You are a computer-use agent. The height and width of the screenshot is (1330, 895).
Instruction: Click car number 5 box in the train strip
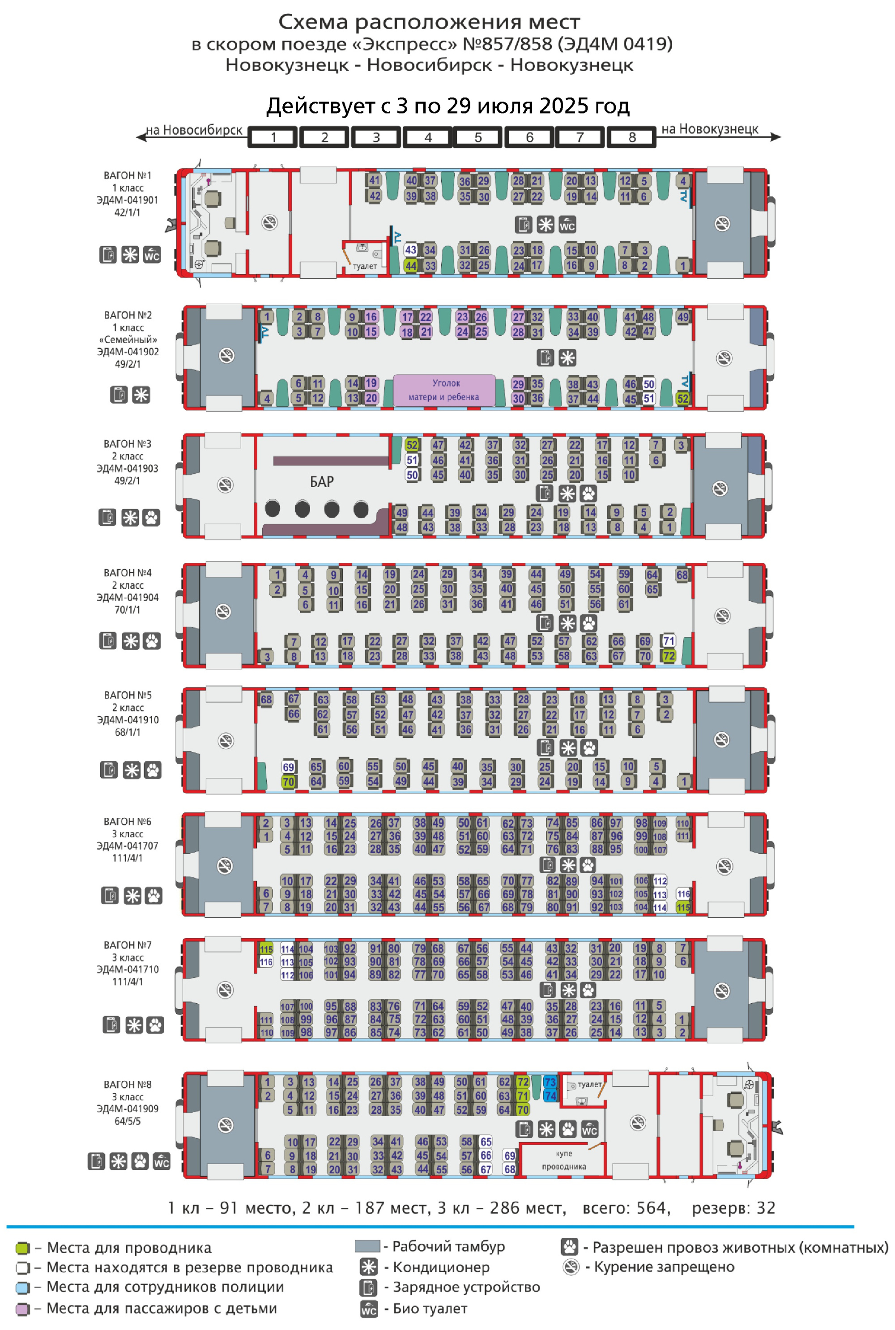pos(478,137)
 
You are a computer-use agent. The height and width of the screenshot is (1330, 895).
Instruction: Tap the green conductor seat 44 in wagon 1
pos(410,265)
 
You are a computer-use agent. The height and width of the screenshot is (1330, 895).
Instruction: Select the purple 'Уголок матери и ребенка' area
pos(444,390)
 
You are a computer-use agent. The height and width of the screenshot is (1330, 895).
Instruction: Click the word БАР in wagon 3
pos(322,482)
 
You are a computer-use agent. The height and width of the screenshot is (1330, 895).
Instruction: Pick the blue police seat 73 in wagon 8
pos(550,1082)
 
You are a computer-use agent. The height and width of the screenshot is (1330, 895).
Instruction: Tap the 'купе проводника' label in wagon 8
pos(564,1160)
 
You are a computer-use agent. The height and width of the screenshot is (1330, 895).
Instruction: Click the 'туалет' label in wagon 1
pos(365,267)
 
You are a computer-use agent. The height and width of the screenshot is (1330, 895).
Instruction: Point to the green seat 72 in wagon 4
pos(669,656)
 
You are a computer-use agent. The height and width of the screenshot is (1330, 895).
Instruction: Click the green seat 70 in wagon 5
pos(288,782)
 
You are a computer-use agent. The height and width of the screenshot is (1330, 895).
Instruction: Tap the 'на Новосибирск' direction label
pos(194,130)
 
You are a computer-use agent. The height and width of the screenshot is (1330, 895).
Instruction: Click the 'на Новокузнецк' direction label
pos(709,130)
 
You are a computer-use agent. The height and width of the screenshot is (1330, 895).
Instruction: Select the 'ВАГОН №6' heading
pos(127,822)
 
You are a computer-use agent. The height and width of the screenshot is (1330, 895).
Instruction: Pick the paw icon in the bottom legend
pos(570,1247)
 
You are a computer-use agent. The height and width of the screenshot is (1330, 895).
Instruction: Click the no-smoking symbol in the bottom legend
pos(571,1267)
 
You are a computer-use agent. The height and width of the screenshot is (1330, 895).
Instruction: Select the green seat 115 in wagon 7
pos(266,949)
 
